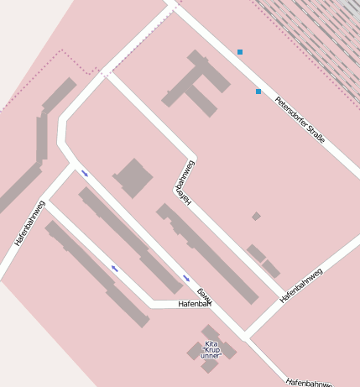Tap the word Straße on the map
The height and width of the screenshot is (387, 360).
pos(317,135)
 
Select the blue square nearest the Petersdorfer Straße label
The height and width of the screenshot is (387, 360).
pos(258,91)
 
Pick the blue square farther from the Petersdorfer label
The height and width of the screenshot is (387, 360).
pos(240,52)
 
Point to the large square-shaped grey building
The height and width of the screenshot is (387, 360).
pos(133,178)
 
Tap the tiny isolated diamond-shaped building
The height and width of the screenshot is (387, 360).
pos(256,217)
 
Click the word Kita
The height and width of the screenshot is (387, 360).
pos(211,343)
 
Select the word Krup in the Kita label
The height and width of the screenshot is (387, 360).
pos(211,350)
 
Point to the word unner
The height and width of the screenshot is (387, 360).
pos(210,356)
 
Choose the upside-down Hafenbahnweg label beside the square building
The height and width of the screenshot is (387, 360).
pos(185,182)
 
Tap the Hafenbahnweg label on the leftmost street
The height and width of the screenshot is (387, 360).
pos(29,224)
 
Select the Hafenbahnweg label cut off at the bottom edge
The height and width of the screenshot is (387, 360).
pos(309,382)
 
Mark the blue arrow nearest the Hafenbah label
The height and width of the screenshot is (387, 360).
pos(186,278)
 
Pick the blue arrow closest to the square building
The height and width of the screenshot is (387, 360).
pos(85,174)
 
